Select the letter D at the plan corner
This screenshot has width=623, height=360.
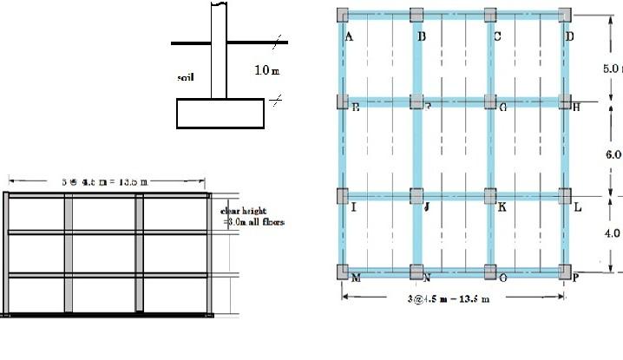pyautogui.click(x=569, y=36)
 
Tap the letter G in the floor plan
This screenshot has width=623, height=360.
pyautogui.click(x=502, y=107)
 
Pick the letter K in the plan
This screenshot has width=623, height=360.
pyautogui.click(x=502, y=208)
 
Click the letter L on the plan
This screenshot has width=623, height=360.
pyautogui.click(x=578, y=208)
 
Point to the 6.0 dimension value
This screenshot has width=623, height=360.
pyautogui.click(x=613, y=154)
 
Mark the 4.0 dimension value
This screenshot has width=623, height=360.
pyautogui.click(x=613, y=232)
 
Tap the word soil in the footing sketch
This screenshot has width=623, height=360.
pyautogui.click(x=185, y=76)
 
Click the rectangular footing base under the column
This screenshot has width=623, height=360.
pyautogui.click(x=220, y=113)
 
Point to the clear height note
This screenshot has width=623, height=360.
pyautogui.click(x=252, y=216)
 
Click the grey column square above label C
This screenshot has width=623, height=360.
pyautogui.click(x=491, y=15)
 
